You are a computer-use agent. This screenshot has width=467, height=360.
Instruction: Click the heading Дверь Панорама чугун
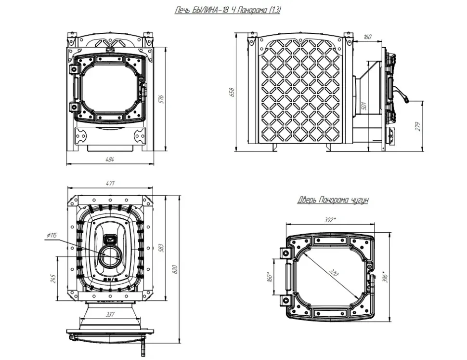point(333,200)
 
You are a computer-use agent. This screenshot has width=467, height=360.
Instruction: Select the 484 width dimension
point(110,160)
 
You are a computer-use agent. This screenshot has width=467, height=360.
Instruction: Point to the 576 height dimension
point(161,99)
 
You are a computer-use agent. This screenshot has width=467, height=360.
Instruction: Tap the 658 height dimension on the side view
point(233,92)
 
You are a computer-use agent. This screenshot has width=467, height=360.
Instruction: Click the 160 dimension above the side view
point(367,37)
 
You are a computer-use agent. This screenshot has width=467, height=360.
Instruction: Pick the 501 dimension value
point(363,106)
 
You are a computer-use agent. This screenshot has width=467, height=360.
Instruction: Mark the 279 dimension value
point(417,126)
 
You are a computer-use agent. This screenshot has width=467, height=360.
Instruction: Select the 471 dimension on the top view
point(110,183)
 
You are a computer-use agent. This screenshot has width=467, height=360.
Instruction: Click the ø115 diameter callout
point(52,235)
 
